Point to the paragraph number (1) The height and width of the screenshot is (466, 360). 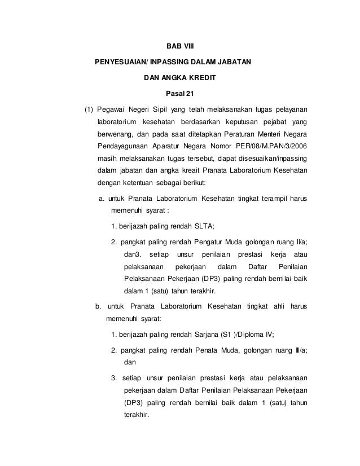[x=89, y=109]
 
